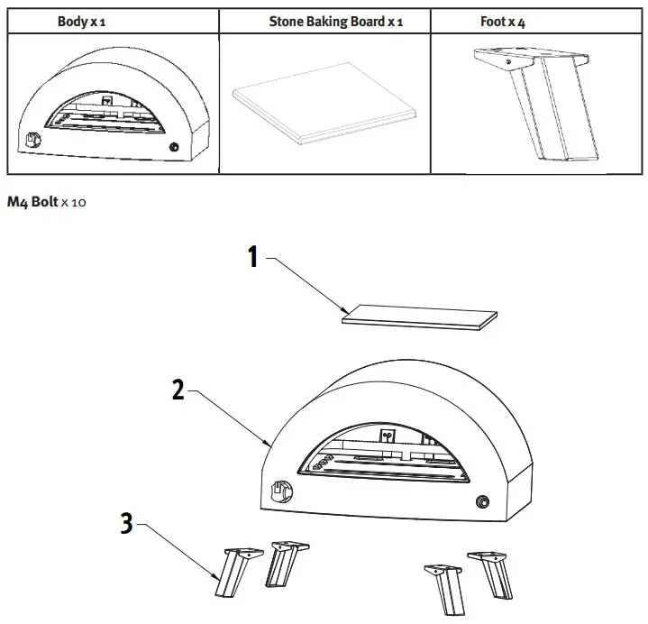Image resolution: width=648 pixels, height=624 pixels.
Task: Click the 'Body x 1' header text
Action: [81, 21]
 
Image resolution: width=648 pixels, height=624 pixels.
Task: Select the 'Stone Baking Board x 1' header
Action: [335, 21]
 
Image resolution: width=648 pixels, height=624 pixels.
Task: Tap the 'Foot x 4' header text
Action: [503, 21]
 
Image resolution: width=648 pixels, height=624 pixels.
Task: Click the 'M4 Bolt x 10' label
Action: [46, 203]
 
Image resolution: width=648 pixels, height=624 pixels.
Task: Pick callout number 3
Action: [127, 523]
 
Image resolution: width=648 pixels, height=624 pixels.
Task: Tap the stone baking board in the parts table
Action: [326, 115]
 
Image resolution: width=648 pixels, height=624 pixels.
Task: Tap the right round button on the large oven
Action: [482, 501]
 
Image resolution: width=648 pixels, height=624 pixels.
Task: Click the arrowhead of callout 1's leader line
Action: [345, 312]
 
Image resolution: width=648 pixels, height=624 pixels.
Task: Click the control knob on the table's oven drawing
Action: [35, 141]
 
